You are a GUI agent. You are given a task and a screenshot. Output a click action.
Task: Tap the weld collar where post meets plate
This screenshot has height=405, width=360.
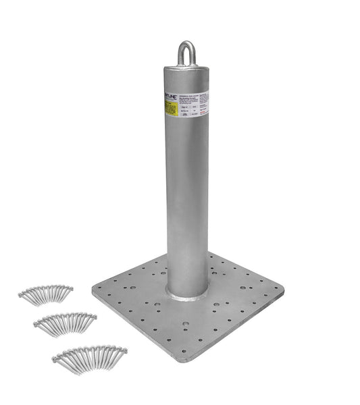tap(187, 294)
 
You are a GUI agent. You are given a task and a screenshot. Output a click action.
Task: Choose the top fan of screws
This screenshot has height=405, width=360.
tap(46, 293)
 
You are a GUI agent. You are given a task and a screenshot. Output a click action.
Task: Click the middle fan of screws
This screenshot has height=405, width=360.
tap(65, 322)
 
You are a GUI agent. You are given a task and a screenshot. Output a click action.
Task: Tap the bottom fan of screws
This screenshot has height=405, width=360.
tap(90, 357)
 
